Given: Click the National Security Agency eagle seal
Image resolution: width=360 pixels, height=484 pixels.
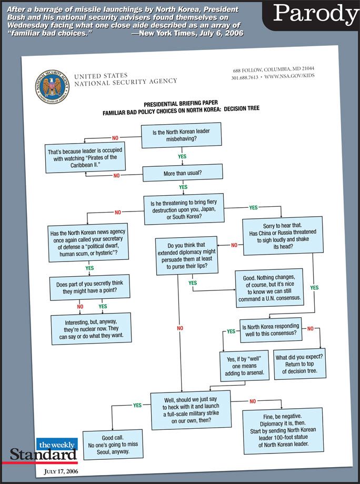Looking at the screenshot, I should click(x=52, y=86).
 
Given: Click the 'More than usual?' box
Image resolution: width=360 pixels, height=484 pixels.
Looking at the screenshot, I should click(x=181, y=172).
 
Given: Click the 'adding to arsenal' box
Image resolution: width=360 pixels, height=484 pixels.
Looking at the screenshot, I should click(x=244, y=366).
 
